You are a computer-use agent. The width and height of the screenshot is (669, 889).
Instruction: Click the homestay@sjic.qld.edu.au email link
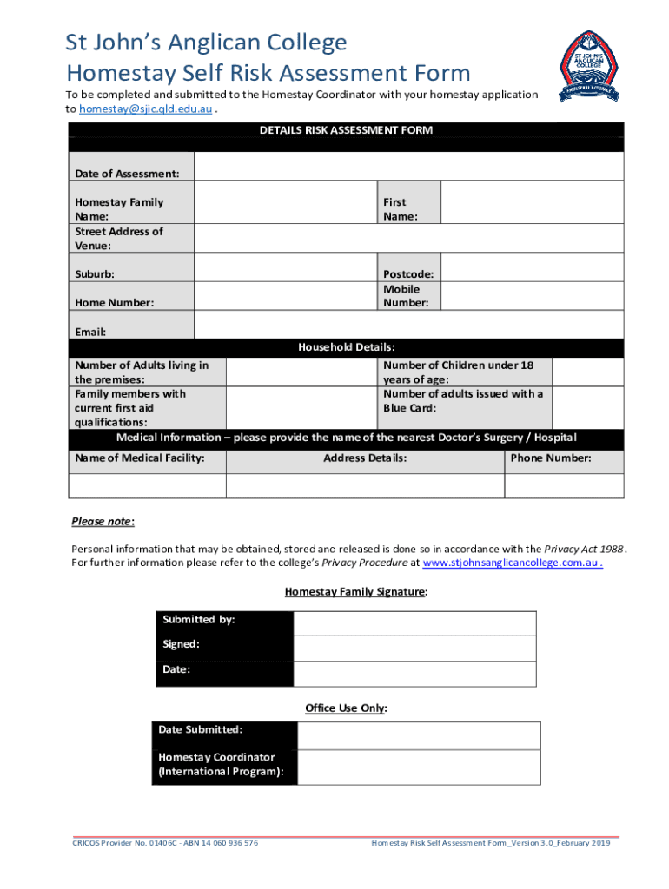pos(145,109)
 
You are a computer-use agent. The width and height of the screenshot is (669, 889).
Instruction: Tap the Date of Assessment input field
pos(408,167)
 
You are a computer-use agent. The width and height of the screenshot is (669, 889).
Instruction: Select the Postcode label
pos(408,274)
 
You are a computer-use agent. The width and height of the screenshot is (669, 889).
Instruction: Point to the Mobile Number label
pos(406,296)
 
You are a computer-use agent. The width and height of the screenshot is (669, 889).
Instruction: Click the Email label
pos(90,332)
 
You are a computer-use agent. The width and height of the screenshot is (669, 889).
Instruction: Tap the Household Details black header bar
pos(346,347)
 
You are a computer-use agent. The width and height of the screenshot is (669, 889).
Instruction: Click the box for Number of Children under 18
pos(587,372)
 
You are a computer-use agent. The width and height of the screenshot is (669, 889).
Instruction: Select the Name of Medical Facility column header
pos(140,458)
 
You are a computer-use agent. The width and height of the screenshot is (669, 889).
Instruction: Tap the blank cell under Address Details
pos(365,485)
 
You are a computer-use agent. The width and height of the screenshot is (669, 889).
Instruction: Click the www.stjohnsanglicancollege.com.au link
pos(513,563)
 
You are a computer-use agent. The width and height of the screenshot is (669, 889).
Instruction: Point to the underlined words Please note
pos(102,522)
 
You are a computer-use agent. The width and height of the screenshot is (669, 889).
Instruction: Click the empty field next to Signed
pos(414,649)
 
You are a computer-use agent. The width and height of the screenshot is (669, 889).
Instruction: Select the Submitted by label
pos(199,620)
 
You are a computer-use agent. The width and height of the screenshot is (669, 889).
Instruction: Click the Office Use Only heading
pos(345,708)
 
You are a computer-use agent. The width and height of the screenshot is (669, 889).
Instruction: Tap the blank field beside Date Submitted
pos(419,735)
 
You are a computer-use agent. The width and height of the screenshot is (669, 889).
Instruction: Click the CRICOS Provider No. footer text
pos(164,843)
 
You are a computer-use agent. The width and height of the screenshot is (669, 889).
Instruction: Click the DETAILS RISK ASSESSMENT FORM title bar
pos(346,130)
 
